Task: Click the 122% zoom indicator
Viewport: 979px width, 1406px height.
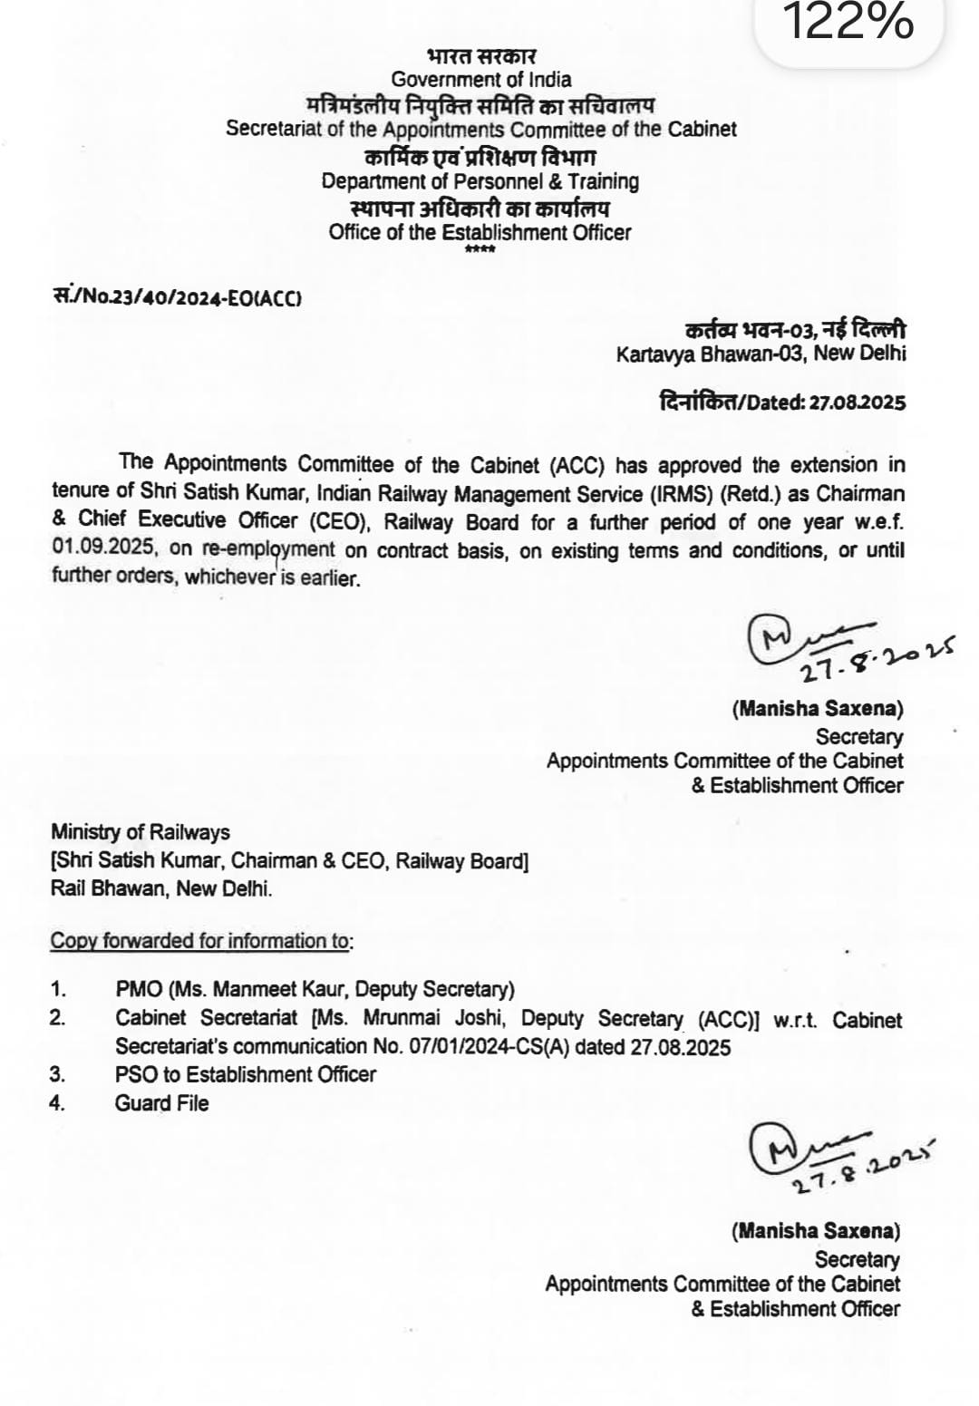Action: tap(847, 23)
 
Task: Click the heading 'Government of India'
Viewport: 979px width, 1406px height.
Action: tap(481, 79)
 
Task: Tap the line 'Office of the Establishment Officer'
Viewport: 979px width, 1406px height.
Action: tap(480, 232)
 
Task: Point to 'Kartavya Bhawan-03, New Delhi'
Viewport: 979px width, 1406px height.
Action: tap(761, 354)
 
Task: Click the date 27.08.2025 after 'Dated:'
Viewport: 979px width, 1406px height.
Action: tap(857, 402)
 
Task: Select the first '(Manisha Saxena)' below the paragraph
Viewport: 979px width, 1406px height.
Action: tap(818, 709)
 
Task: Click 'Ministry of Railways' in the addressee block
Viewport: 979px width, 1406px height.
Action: tap(141, 832)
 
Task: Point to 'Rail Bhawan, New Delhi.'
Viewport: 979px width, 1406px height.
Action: tap(161, 888)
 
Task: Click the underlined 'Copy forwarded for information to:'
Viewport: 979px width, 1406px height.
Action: tap(201, 941)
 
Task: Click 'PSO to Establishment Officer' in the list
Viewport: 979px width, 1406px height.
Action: tap(246, 1074)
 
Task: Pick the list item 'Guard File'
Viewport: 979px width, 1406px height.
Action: tap(161, 1103)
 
